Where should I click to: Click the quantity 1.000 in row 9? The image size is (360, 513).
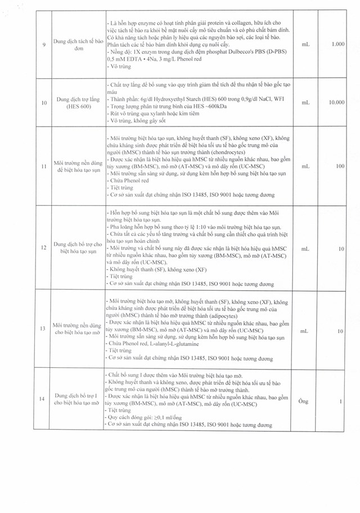point(337,44)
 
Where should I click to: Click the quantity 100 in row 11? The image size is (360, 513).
point(339,166)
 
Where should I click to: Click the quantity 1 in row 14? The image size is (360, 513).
point(341,401)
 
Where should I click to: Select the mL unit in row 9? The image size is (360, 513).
point(305,44)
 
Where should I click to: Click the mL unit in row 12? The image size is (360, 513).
point(305,248)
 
